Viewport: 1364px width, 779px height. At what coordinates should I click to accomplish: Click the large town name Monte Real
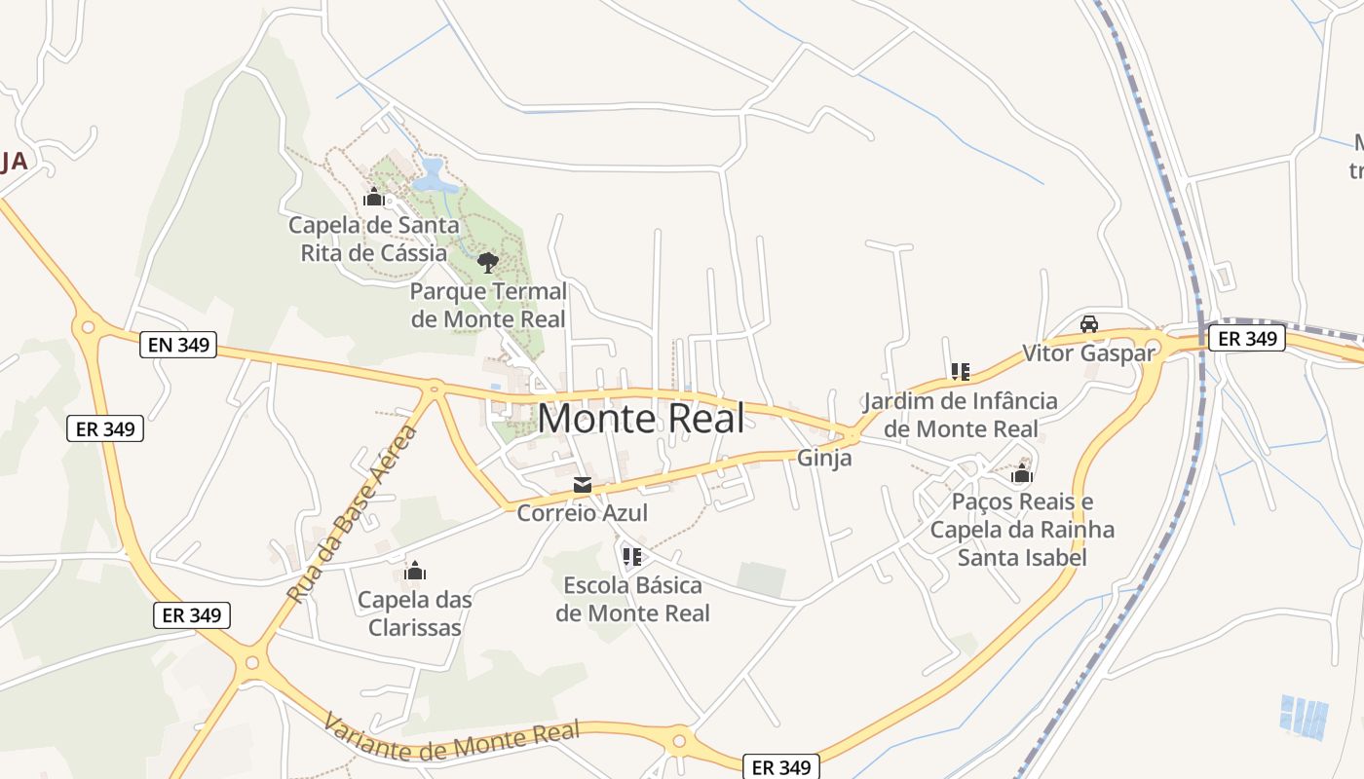pyautogui.click(x=641, y=419)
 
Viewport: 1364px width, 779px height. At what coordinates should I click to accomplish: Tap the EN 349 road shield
pyautogui.click(x=178, y=344)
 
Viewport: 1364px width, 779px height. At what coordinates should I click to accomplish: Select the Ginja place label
pyautogui.click(x=824, y=458)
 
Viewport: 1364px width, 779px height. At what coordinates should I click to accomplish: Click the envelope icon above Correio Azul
pyautogui.click(x=583, y=485)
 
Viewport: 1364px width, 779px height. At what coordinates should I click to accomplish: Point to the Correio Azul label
pyautogui.click(x=582, y=512)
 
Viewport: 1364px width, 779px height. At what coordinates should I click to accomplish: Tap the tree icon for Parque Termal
pyautogui.click(x=488, y=262)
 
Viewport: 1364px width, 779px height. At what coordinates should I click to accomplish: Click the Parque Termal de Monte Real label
pyautogui.click(x=488, y=305)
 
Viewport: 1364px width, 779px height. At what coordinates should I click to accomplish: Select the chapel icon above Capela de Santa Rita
pyautogui.click(x=373, y=198)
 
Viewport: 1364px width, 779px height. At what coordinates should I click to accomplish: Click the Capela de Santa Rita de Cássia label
pyautogui.click(x=368, y=239)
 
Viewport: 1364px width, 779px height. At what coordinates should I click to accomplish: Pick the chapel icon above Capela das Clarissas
pyautogui.click(x=415, y=571)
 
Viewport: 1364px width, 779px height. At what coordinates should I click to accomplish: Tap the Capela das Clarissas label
pyautogui.click(x=415, y=613)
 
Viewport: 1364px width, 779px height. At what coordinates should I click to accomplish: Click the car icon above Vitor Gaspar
pyautogui.click(x=1089, y=324)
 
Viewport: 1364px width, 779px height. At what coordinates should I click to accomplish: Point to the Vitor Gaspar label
pyautogui.click(x=1088, y=352)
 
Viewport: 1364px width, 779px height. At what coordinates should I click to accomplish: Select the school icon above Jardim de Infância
pyautogui.click(x=961, y=371)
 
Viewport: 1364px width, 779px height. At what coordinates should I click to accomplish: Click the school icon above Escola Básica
pyautogui.click(x=632, y=557)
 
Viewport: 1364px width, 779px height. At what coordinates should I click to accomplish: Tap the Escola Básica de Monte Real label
pyautogui.click(x=632, y=599)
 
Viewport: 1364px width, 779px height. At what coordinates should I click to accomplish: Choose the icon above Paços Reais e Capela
pyautogui.click(x=1022, y=474)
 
